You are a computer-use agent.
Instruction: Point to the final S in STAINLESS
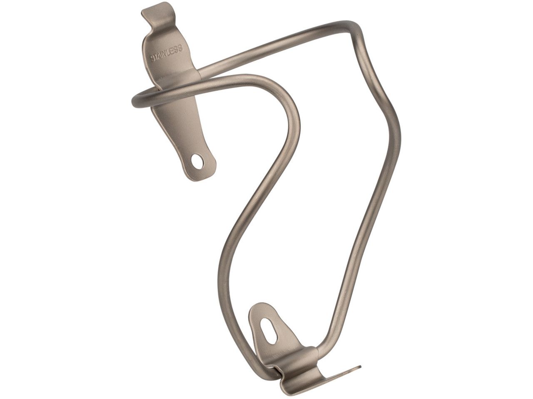click(180, 48)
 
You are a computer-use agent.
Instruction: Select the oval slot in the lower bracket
click(266, 331)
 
